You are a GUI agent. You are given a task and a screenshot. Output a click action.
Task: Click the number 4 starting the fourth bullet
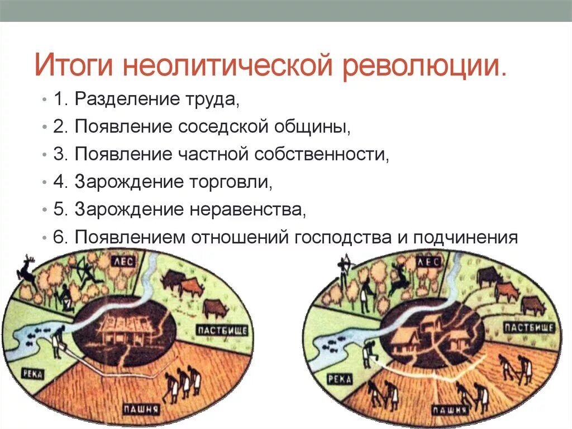[59, 181]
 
